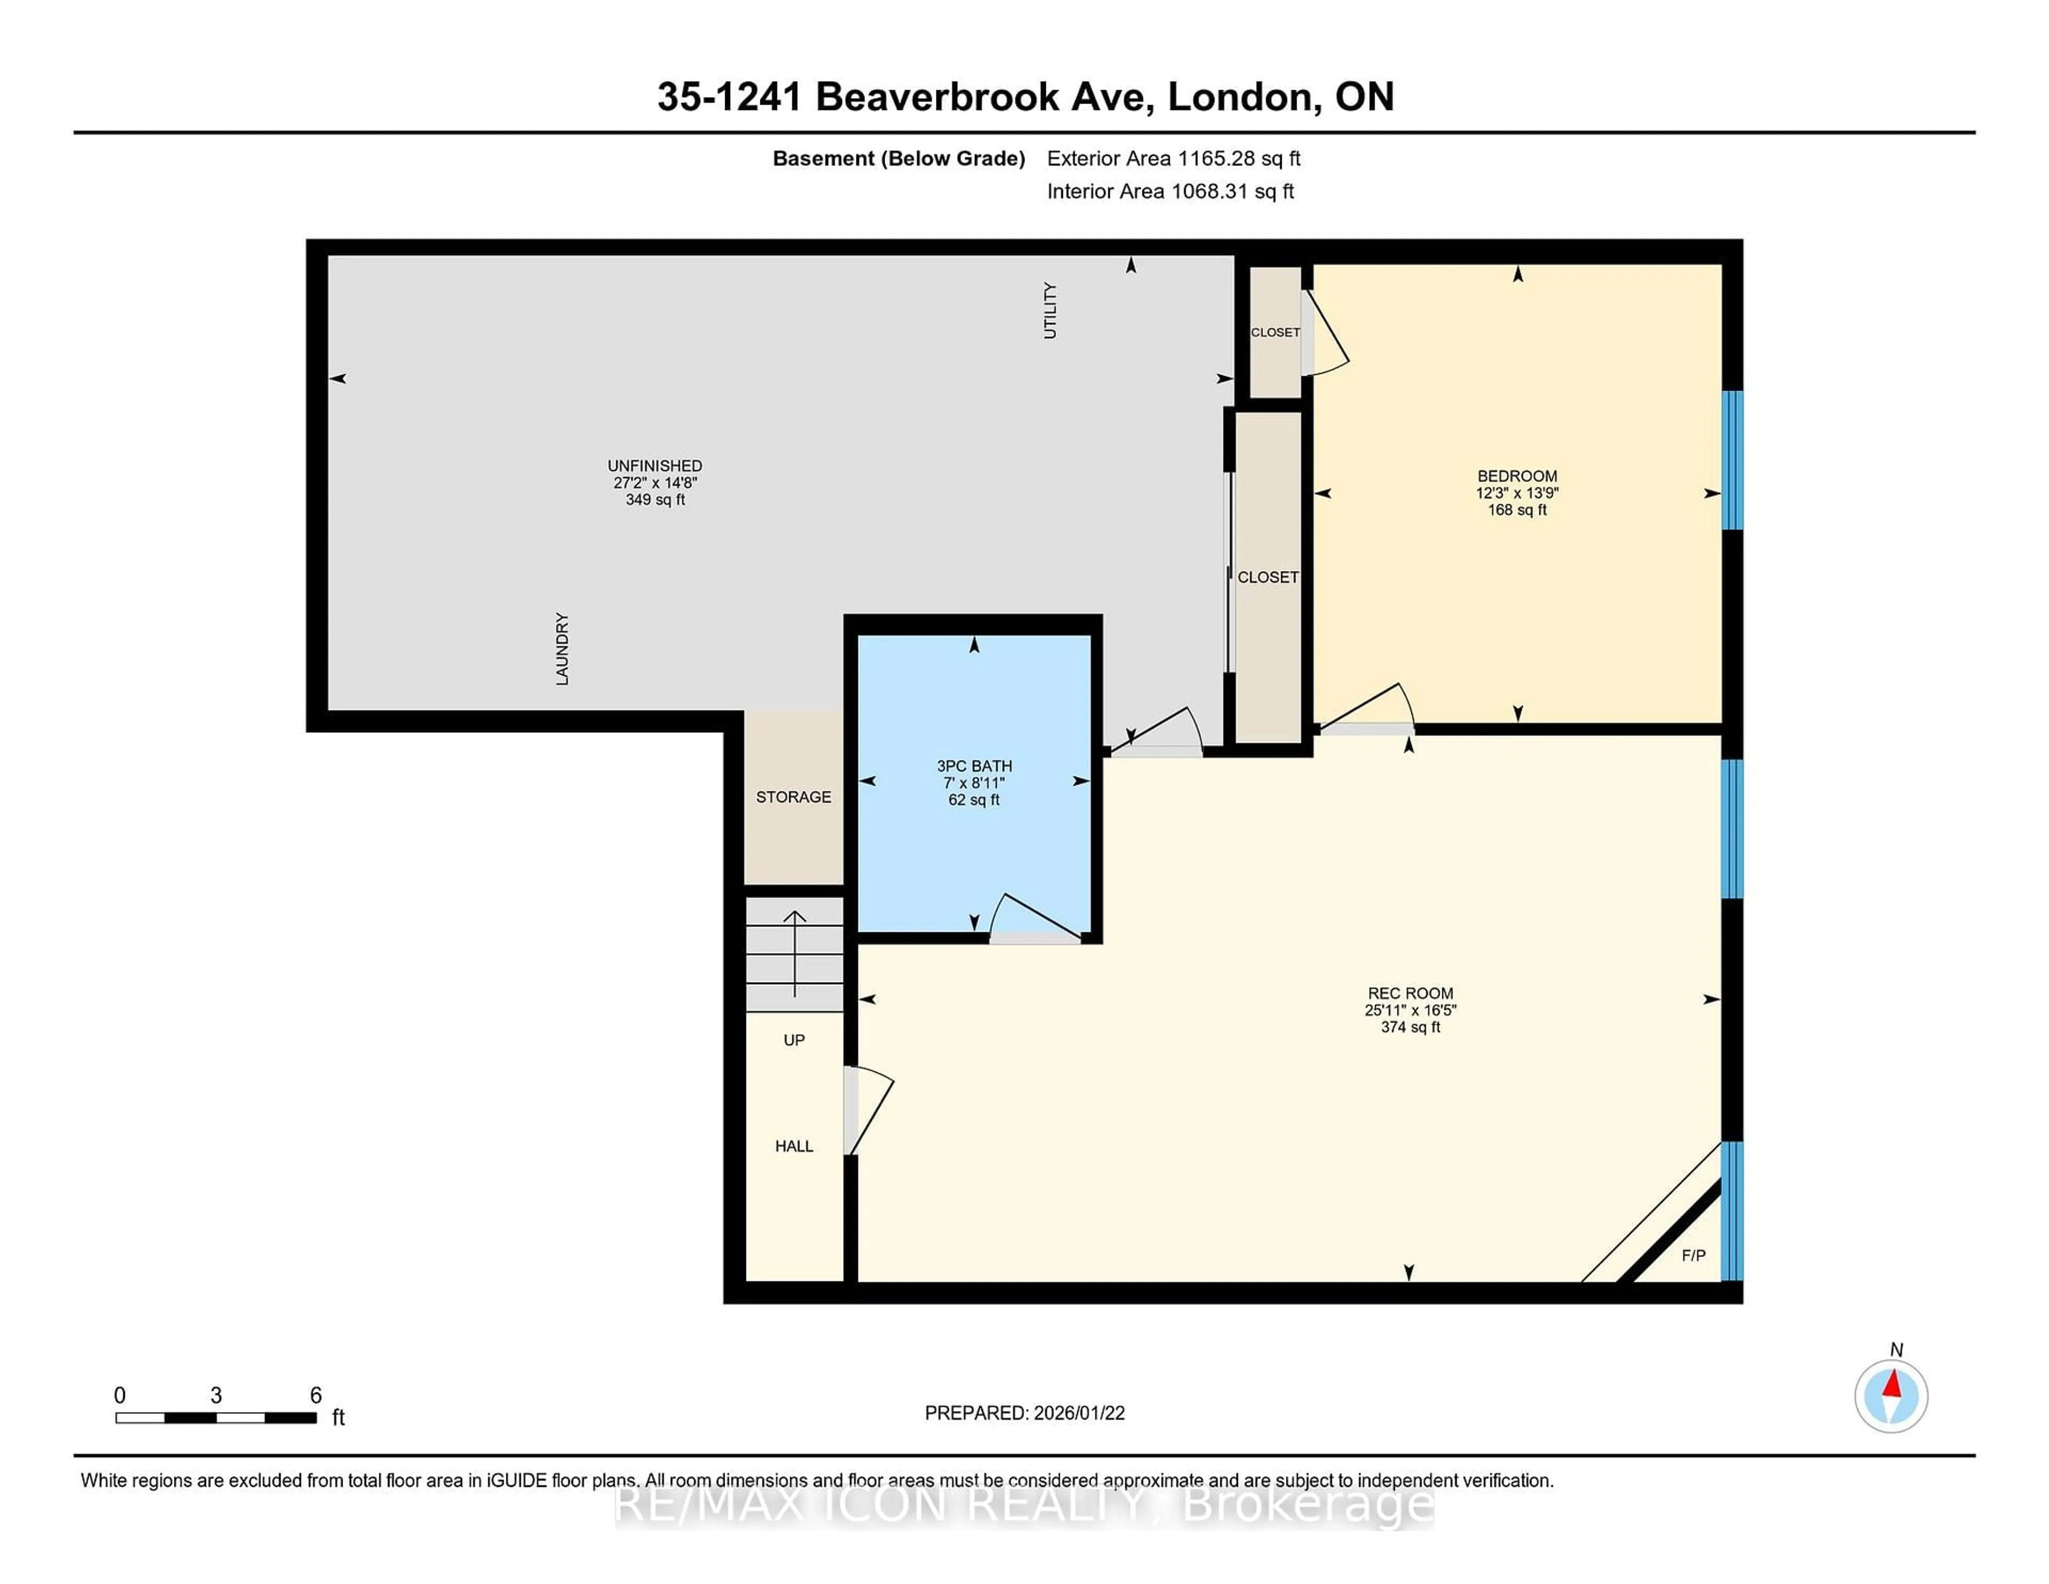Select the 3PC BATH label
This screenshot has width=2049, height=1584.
point(974,766)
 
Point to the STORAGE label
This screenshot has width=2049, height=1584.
point(793,797)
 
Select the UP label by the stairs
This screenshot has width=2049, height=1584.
point(793,1040)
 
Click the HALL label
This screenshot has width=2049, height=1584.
point(793,1146)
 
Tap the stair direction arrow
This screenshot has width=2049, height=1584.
point(795,953)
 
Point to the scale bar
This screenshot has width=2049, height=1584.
point(216,1417)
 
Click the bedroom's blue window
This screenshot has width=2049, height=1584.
point(1732,460)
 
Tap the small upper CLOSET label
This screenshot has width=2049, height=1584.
point(1275,332)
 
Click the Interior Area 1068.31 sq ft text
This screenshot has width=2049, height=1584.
point(1170,192)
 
